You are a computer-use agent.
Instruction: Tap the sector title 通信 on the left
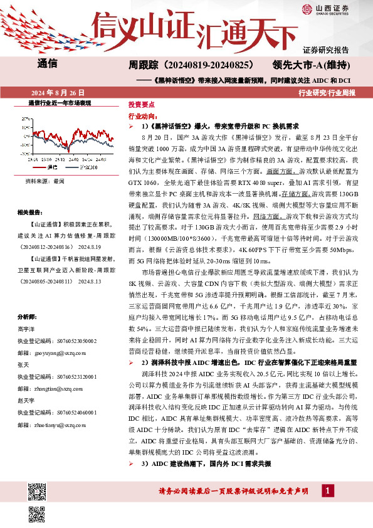pos(48,63)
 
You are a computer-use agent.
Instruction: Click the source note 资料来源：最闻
pos(45,181)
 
